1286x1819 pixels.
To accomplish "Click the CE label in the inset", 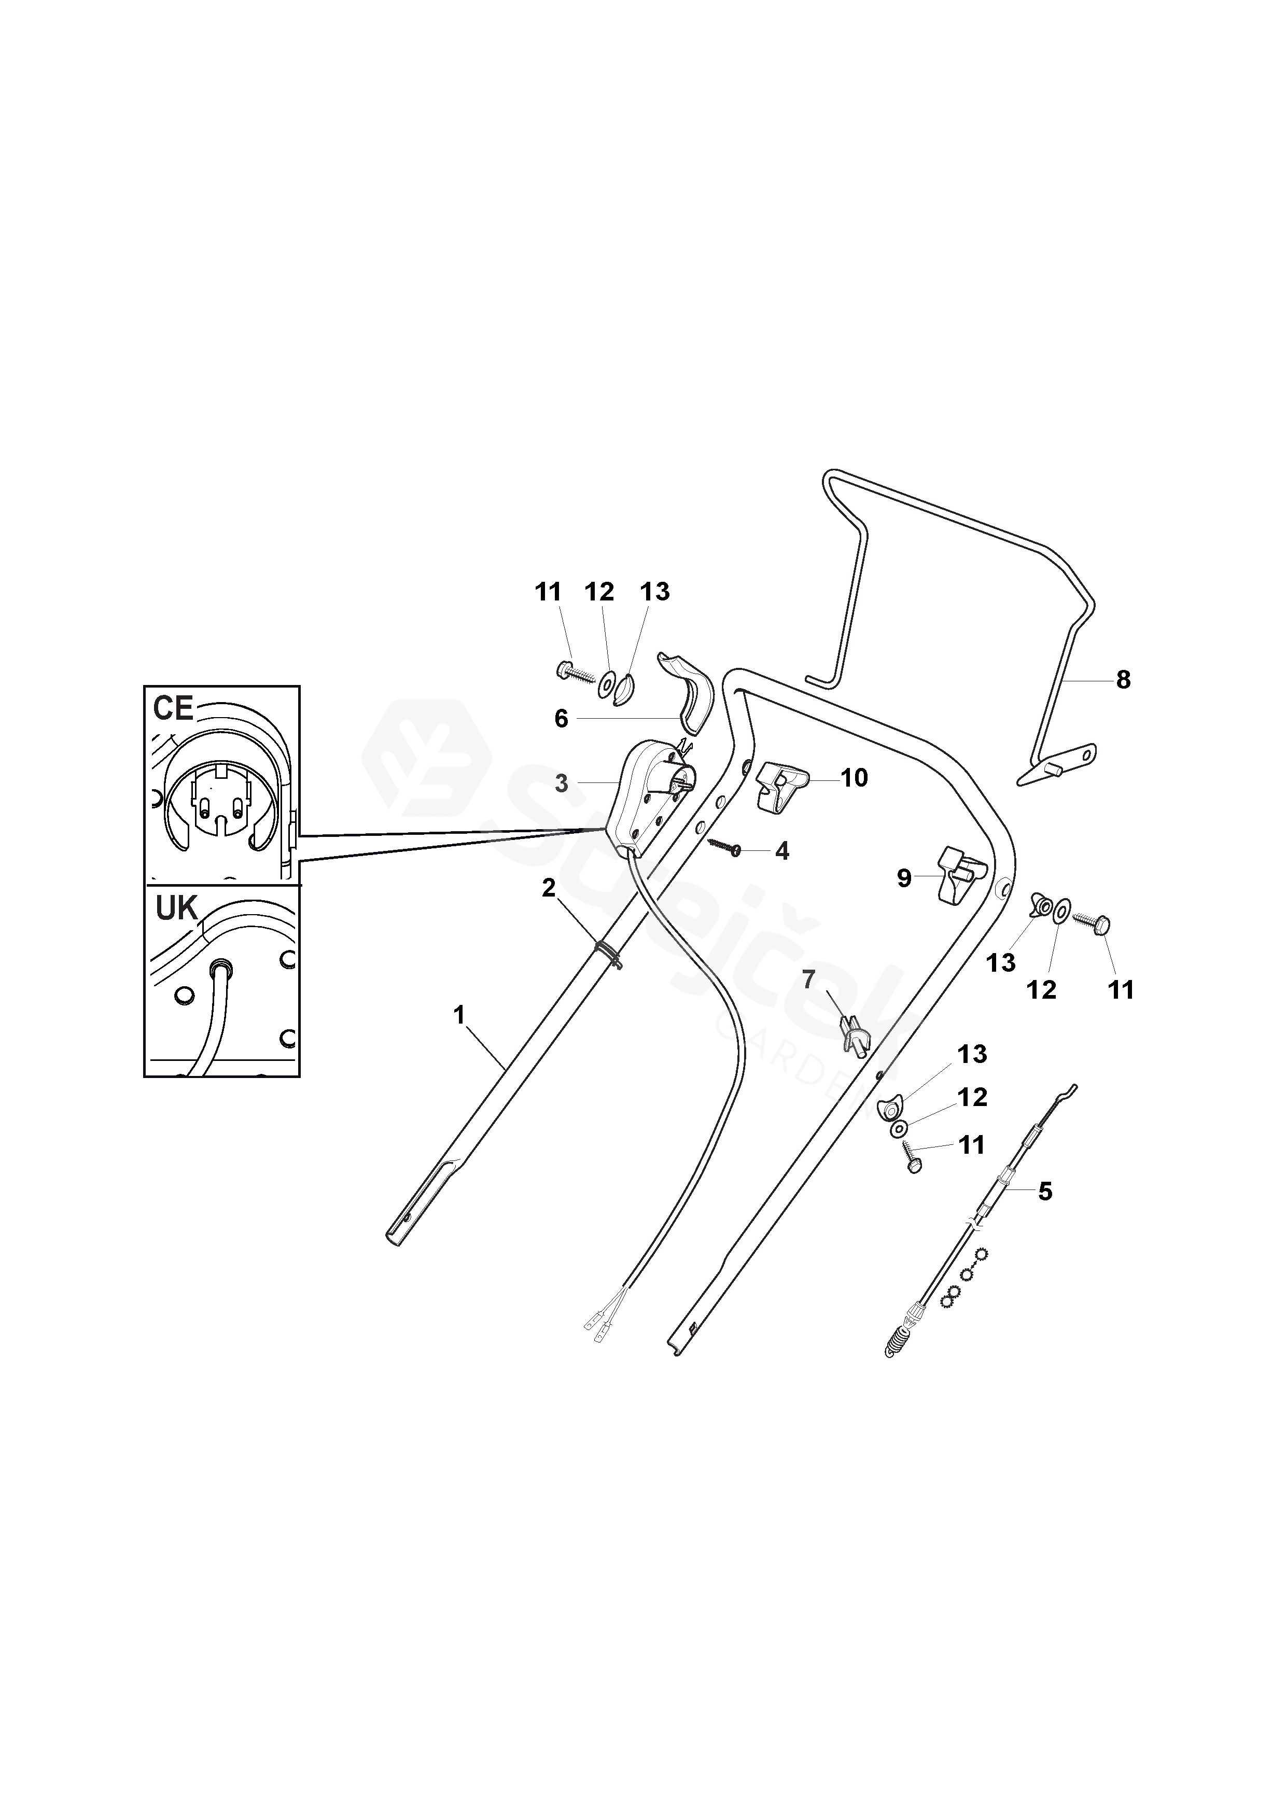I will [x=173, y=708].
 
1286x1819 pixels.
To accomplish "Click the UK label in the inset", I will [x=176, y=908].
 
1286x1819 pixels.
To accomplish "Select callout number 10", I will [x=854, y=778].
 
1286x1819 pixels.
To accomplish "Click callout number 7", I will [x=808, y=980].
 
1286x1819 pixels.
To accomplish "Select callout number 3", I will [x=561, y=783].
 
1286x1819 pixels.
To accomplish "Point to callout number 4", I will [x=782, y=851].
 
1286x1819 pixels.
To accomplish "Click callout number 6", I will [x=561, y=719].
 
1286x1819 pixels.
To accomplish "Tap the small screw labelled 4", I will [x=725, y=846].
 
